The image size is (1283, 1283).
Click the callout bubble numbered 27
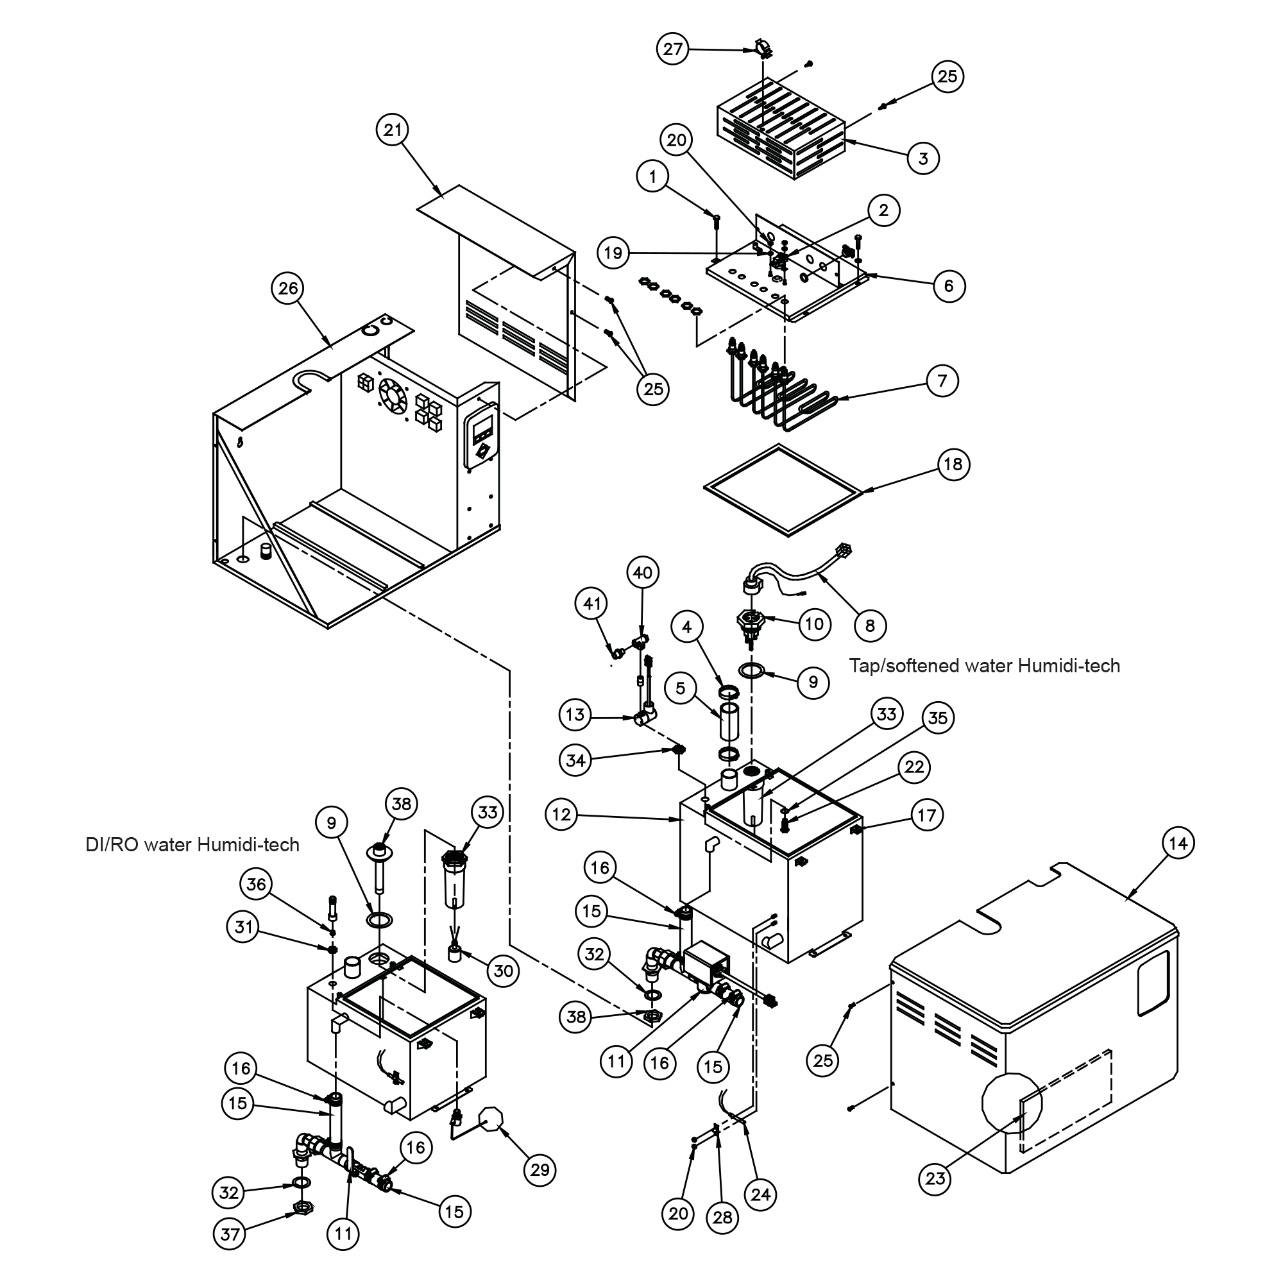(672, 49)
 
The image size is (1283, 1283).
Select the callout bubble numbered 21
(393, 130)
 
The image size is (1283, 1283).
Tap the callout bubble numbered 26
(287, 288)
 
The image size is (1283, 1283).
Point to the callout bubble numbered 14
(1178, 844)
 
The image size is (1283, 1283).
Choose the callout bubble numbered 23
(935, 1178)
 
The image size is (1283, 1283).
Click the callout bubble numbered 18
(953, 464)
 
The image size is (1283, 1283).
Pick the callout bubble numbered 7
(942, 381)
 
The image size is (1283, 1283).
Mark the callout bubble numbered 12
(561, 815)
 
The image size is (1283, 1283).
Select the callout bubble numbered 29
(540, 1169)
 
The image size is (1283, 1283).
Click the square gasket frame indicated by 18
(784, 490)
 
